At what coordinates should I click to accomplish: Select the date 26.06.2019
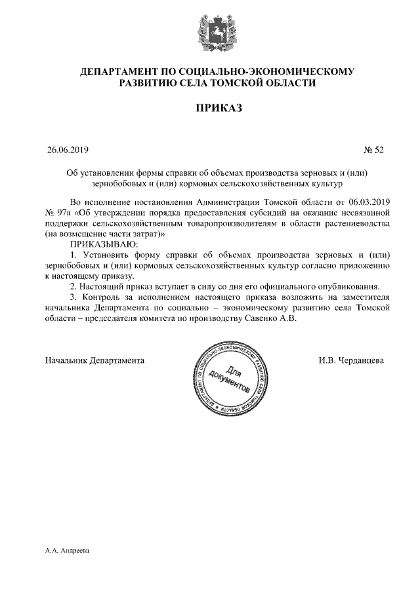pyautogui.click(x=68, y=150)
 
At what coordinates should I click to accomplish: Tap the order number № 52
pyautogui.click(x=373, y=150)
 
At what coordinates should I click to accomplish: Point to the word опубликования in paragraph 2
pyautogui.click(x=348, y=287)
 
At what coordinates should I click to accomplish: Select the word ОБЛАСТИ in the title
pyautogui.click(x=286, y=83)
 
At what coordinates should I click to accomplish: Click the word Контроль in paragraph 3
pyautogui.click(x=99, y=297)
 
